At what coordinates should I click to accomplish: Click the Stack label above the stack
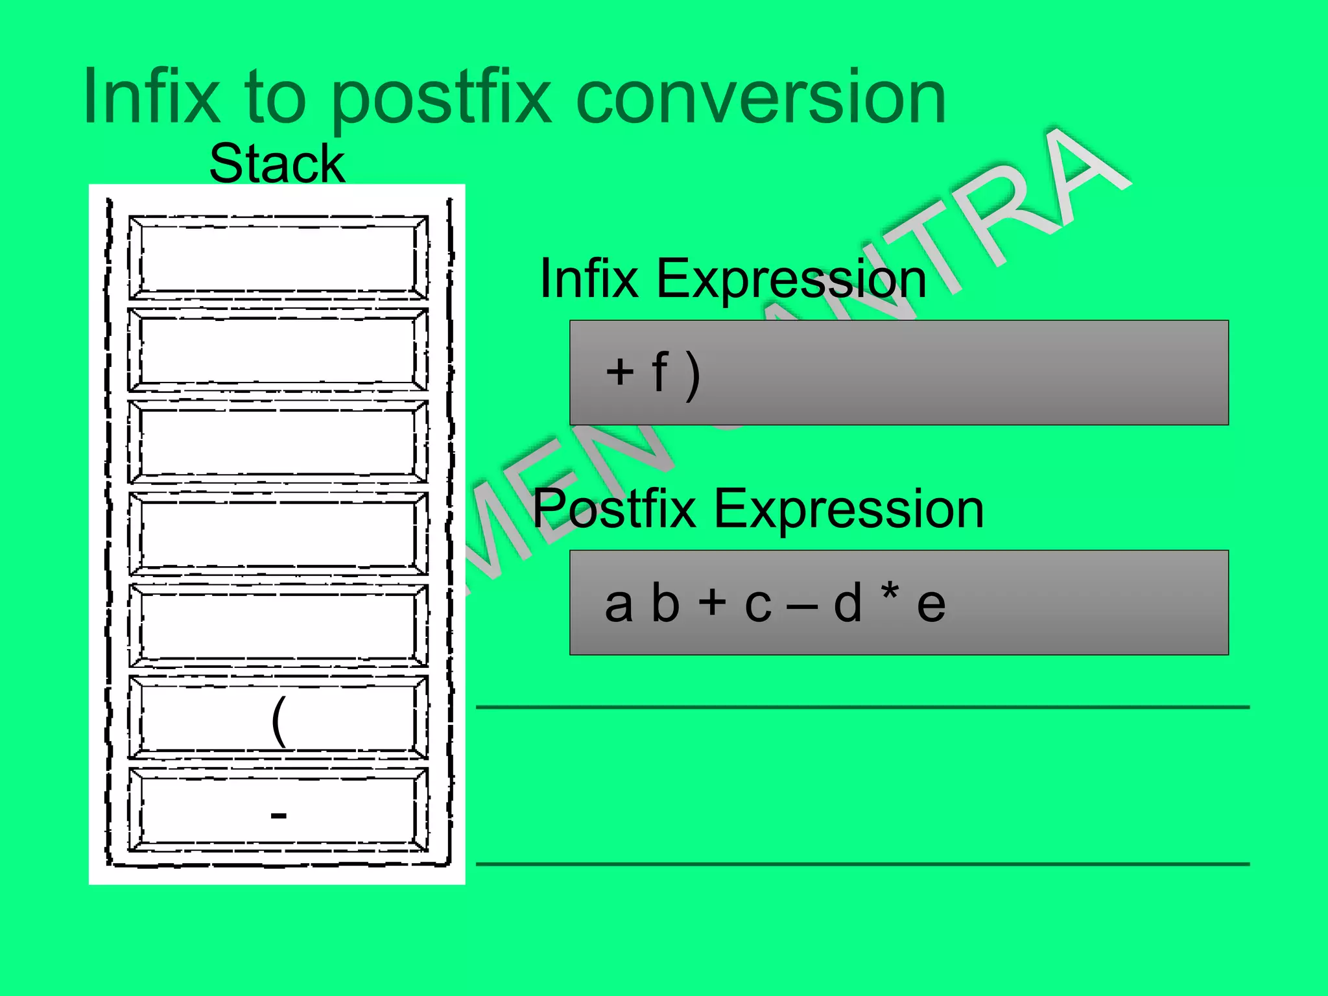(277, 163)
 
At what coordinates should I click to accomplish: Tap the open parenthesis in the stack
(278, 721)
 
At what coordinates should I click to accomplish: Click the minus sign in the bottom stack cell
(279, 814)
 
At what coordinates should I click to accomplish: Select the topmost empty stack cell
(278, 257)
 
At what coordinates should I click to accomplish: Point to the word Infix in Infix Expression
(589, 278)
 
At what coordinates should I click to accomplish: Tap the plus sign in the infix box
(620, 372)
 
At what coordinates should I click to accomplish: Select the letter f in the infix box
(659, 371)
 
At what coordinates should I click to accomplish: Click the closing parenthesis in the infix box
(693, 375)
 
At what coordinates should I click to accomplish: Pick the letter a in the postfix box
(619, 604)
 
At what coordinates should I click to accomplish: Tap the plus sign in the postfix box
(712, 602)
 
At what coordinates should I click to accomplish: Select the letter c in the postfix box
(758, 606)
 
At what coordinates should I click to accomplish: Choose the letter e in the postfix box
(931, 606)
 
